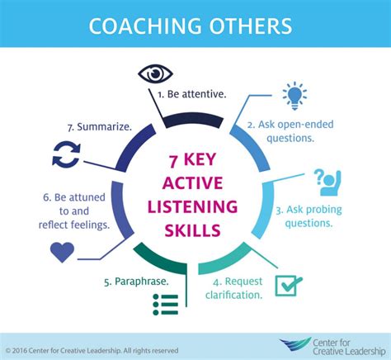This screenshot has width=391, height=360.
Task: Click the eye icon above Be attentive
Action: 155,73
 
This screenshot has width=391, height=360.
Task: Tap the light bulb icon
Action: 294,95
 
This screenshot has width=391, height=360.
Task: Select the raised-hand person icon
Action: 327,182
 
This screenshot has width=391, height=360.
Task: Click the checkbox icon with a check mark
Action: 289,286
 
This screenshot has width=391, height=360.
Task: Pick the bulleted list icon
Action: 166,305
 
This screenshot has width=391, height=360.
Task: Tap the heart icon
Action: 62,252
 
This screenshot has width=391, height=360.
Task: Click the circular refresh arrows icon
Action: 66,154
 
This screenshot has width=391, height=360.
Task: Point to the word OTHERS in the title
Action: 250,26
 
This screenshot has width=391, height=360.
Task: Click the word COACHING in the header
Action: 145,26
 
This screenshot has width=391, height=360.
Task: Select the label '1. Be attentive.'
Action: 192,94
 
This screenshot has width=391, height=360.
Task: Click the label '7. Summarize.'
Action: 100,127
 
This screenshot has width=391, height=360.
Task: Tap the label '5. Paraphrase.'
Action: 136,282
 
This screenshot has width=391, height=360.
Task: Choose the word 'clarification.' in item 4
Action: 234,295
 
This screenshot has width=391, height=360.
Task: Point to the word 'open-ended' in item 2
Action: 305,125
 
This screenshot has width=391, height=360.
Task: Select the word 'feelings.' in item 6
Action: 92,225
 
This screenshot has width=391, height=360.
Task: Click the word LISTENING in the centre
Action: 192,207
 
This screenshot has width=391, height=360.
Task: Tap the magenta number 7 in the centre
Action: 173,161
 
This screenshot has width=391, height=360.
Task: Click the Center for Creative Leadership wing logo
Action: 295,343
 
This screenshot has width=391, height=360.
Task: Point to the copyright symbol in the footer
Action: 8,351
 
